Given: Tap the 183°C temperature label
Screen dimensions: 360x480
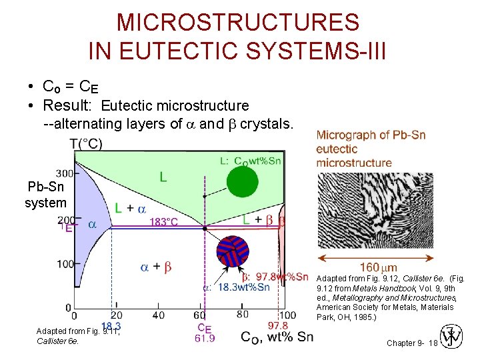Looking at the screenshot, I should tap(164, 222).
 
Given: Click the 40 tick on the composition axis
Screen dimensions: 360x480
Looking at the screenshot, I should tap(159, 315).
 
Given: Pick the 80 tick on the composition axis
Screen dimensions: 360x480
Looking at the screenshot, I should tap(243, 315).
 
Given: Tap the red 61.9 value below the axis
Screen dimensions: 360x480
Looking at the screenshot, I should tap(205, 339).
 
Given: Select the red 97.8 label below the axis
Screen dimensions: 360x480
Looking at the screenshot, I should tap(277, 325).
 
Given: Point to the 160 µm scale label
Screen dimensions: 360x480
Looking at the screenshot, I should tap(378, 268).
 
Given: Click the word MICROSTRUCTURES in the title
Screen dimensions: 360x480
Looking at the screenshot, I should tap(238, 23).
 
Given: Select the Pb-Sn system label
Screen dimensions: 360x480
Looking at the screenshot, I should tap(45, 195).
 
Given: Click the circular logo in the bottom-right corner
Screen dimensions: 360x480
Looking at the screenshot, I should tap(452, 337).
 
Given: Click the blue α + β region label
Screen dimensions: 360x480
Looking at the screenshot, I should tap(155, 267).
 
